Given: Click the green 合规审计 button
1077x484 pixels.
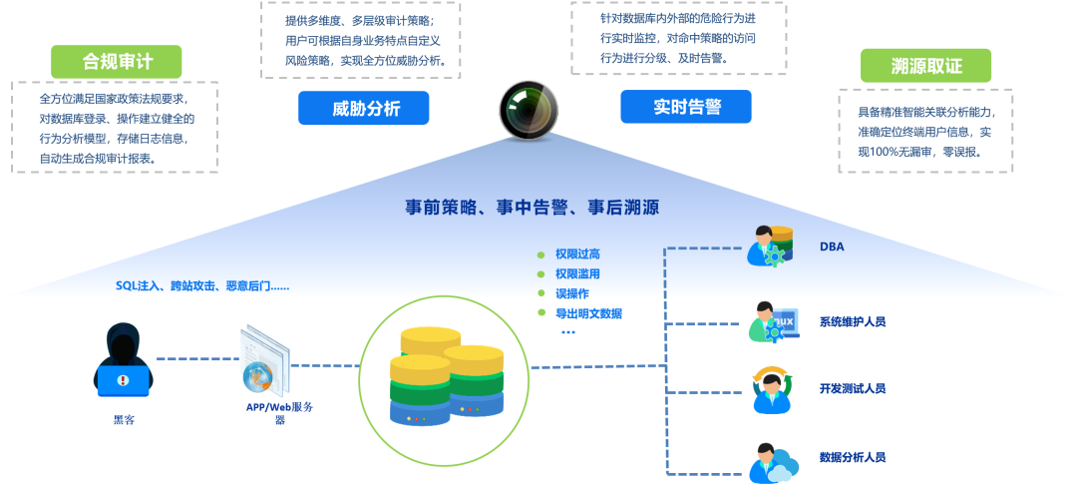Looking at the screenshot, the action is pyautogui.click(x=116, y=62).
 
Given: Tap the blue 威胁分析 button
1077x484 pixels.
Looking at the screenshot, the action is pyautogui.click(x=363, y=108).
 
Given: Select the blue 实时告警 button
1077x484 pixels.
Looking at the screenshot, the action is pyautogui.click(x=685, y=107).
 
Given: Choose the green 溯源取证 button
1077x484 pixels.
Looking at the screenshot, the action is pyautogui.click(x=925, y=66).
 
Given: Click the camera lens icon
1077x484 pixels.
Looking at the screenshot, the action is pyautogui.click(x=529, y=111).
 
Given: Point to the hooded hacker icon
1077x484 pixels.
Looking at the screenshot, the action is pyautogui.click(x=123, y=360).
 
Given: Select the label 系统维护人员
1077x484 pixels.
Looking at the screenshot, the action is pyautogui.click(x=853, y=321).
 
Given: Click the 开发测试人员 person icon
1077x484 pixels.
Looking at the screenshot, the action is pyautogui.click(x=772, y=390).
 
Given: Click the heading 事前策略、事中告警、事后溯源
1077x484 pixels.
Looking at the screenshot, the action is pyautogui.click(x=533, y=208).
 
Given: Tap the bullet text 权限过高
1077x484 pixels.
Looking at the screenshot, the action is pyautogui.click(x=577, y=255).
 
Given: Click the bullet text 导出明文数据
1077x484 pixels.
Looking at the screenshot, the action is pyautogui.click(x=588, y=313).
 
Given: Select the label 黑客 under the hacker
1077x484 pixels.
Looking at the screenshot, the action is pyautogui.click(x=124, y=419).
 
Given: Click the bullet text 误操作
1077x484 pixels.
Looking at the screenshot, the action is pyautogui.click(x=572, y=293).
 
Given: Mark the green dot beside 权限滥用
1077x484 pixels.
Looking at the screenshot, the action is pyautogui.click(x=540, y=274).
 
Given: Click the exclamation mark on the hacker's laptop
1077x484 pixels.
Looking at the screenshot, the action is pyautogui.click(x=123, y=380).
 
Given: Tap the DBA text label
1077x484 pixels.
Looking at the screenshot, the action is pyautogui.click(x=831, y=246).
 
